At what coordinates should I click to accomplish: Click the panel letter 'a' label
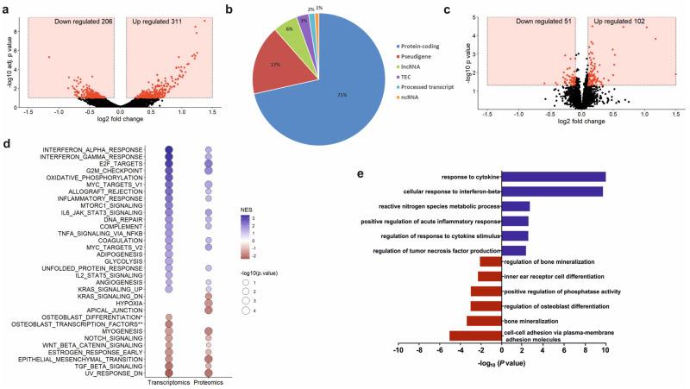(7, 7)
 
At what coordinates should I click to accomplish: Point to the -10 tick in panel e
(398, 353)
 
